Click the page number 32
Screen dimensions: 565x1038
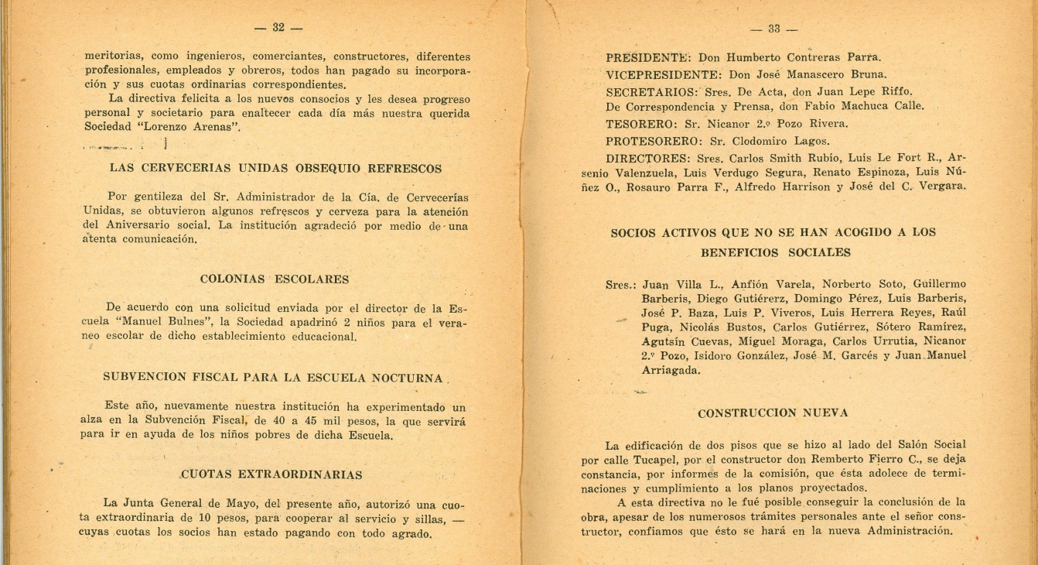click(278, 28)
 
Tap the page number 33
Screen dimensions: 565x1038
click(773, 29)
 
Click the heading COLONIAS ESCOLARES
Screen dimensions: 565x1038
click(275, 279)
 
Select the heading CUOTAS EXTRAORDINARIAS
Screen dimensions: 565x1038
click(271, 474)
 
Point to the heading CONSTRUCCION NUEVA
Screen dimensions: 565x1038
click(773, 413)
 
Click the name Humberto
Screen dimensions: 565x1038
click(753, 57)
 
